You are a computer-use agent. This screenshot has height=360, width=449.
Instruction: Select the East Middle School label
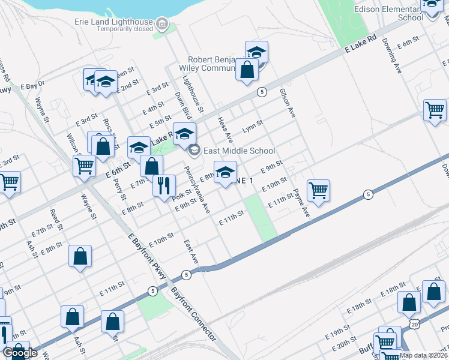pyautogui.click(x=240, y=151)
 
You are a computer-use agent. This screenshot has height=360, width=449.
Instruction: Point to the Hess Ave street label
pyautogui.click(x=224, y=130)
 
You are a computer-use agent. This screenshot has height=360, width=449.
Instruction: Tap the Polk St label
pyautogui.click(x=181, y=194)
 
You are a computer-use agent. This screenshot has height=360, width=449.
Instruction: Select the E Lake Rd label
pyautogui.click(x=361, y=46)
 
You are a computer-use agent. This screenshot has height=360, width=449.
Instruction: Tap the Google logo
pyautogui.click(x=20, y=353)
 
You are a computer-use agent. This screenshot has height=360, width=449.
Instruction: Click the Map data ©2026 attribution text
pyautogui.click(x=423, y=355)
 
